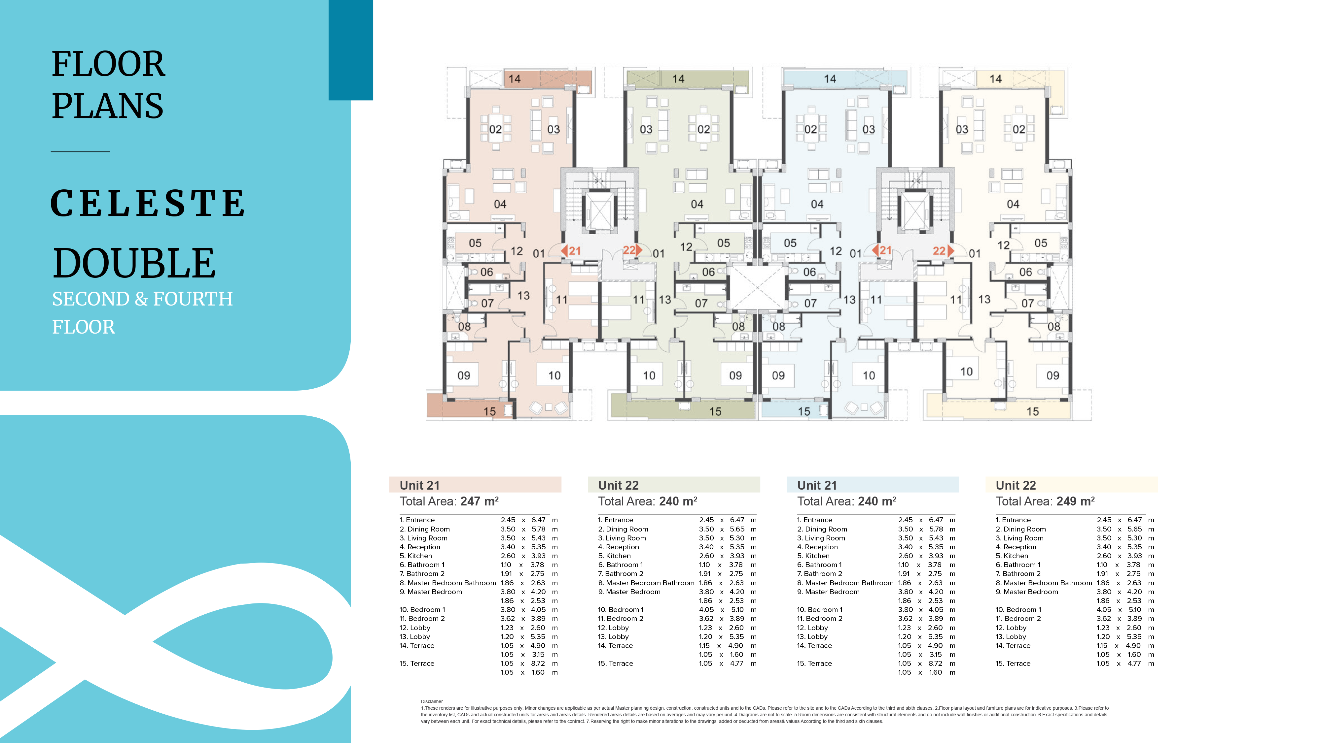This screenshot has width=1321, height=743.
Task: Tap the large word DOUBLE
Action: pos(134,263)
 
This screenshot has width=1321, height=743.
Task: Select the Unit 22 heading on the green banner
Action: pos(619,485)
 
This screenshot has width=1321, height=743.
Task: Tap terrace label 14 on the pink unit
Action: pos(514,79)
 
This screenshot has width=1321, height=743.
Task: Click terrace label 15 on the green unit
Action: pos(715,411)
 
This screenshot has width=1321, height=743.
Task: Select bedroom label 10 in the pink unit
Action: pos(554,375)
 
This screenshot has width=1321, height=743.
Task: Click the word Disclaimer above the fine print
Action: pos(432,701)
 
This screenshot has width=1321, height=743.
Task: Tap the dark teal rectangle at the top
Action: pos(351,50)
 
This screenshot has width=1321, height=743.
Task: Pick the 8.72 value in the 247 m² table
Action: pos(538,663)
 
